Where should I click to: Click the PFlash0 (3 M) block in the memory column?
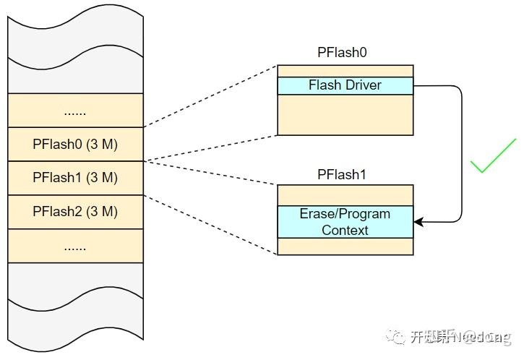point(75,144)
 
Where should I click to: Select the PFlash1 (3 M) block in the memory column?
point(75,178)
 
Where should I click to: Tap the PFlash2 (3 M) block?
point(75,212)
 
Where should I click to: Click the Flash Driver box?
point(345,85)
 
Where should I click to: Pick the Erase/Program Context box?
point(345,222)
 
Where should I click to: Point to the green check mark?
point(493,158)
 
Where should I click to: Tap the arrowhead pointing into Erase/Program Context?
point(418,222)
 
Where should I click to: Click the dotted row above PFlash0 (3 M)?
point(75,111)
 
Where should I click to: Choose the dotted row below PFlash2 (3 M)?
point(75,247)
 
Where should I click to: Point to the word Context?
point(345,230)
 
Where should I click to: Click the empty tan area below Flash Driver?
point(345,114)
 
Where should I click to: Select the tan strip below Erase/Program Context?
point(345,247)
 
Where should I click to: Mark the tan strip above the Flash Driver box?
point(345,71)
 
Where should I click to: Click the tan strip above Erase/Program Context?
point(345,195)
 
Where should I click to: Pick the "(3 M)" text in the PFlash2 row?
point(101,212)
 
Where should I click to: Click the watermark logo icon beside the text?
point(396,336)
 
